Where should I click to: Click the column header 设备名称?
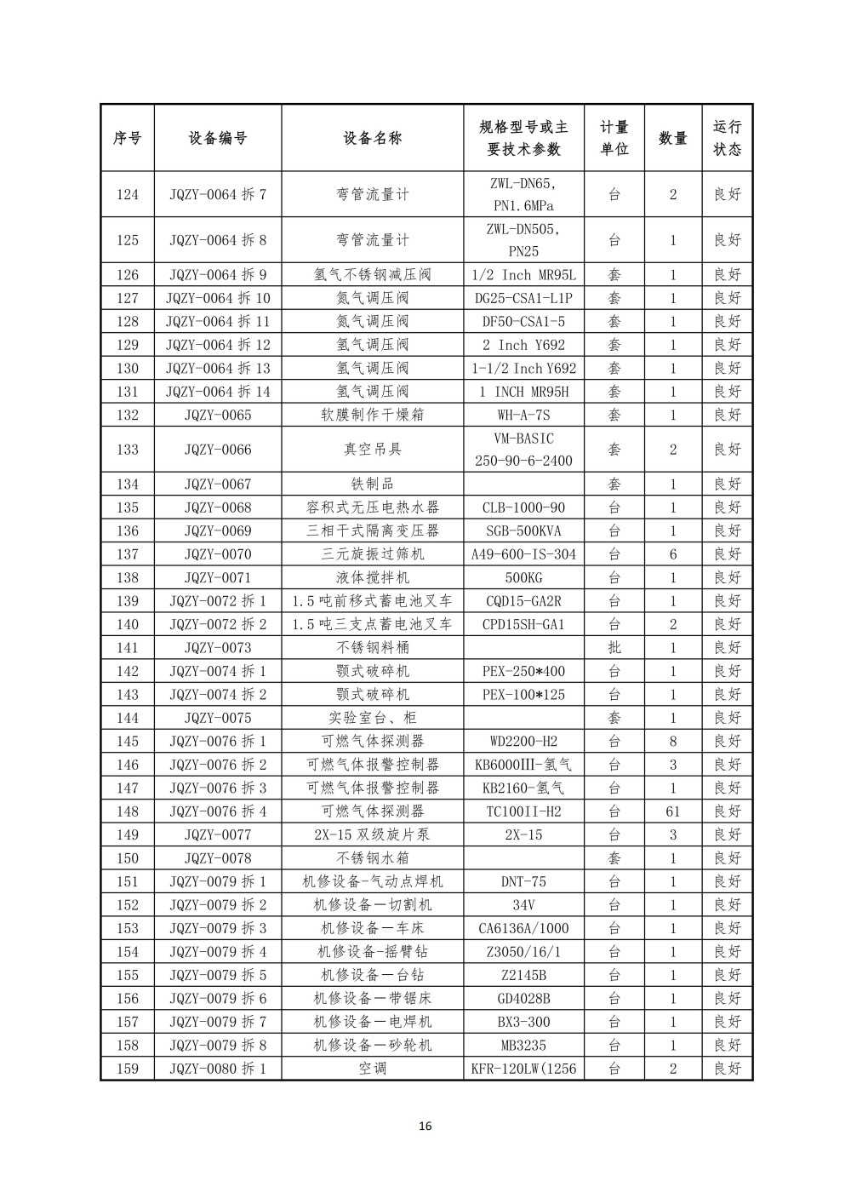[372, 138]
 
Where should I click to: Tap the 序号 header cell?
[127, 138]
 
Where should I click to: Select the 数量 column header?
[672, 138]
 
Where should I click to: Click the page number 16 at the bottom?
[425, 1127]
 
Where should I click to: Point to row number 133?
[127, 450]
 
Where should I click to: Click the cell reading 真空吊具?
[372, 450]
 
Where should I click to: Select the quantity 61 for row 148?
[672, 811]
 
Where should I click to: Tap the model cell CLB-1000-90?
[523, 507]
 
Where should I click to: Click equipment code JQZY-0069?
[218, 530]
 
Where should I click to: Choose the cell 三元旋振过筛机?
[372, 554]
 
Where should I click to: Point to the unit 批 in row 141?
[614, 648]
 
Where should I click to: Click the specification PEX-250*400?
[523, 671]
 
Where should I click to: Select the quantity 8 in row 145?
[672, 742]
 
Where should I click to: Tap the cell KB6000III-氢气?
[523, 765]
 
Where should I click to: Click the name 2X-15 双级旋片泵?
[372, 835]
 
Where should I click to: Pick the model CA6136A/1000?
[523, 929]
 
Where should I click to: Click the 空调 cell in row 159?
[372, 1069]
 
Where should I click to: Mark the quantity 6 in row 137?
[672, 554]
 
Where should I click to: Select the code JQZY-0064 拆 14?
[218, 392]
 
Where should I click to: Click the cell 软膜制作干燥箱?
[372, 416]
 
